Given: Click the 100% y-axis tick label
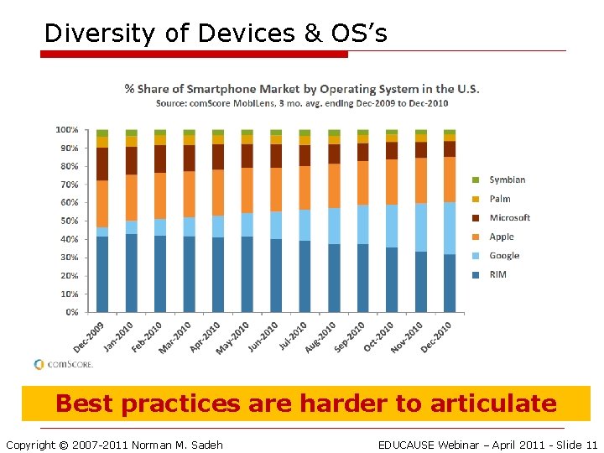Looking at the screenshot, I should [66, 130].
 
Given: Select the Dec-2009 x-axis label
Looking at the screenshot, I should [88, 336].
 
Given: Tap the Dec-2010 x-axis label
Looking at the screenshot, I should [435, 336].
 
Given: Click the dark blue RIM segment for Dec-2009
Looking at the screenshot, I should [102, 273].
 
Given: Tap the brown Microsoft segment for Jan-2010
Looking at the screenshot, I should [132, 160].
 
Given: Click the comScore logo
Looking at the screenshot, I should [63, 364].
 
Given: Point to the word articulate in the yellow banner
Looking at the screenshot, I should [493, 404].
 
